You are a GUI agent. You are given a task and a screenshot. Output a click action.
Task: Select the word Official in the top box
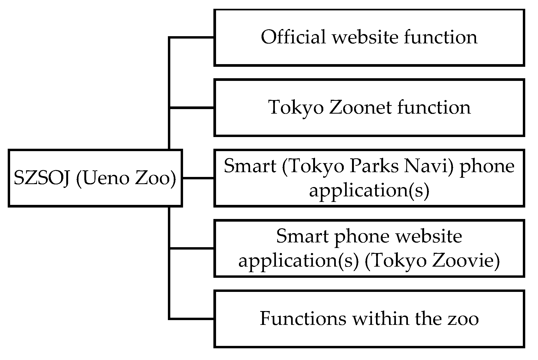pyautogui.click(x=293, y=37)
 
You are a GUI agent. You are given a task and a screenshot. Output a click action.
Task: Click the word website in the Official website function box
pyautogui.click(x=365, y=37)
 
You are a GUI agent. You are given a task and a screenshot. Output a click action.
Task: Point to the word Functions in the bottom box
pyautogui.click(x=303, y=318)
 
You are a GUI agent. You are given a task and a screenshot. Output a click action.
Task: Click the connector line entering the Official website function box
pyautogui.click(x=192, y=38)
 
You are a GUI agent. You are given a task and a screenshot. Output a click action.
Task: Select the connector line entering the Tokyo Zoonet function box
pyautogui.click(x=192, y=108)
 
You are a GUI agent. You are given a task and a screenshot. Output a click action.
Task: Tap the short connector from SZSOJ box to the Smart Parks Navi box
pyautogui.click(x=198, y=178)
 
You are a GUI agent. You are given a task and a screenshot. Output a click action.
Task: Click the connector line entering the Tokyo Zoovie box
pyautogui.click(x=192, y=248)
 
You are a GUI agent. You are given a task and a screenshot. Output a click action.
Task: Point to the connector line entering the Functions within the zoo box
pyautogui.click(x=192, y=318)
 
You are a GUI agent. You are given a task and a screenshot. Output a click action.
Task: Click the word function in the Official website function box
pyautogui.click(x=441, y=37)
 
